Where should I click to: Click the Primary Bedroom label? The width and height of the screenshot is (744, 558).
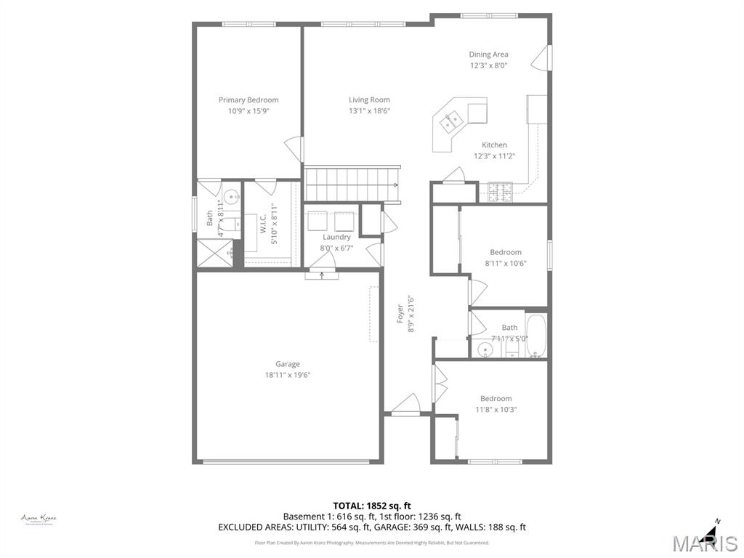click(248, 100)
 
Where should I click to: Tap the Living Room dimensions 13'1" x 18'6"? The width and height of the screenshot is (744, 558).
click(369, 111)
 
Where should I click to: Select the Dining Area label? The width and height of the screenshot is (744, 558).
click(488, 54)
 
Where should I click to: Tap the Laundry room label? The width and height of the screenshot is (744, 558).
click(336, 237)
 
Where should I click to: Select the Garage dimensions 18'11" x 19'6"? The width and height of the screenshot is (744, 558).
click(287, 375)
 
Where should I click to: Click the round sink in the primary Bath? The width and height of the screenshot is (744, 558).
click(232, 196)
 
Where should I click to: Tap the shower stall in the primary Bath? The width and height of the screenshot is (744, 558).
click(216, 253)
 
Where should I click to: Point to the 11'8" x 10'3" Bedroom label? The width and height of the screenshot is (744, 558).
click(496, 398)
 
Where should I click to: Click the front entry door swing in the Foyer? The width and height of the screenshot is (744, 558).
click(405, 404)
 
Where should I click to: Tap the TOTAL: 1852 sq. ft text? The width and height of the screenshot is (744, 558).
click(372, 506)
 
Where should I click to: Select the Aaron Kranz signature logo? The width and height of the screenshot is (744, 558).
click(39, 519)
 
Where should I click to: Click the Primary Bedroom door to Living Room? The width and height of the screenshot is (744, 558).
click(294, 149)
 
